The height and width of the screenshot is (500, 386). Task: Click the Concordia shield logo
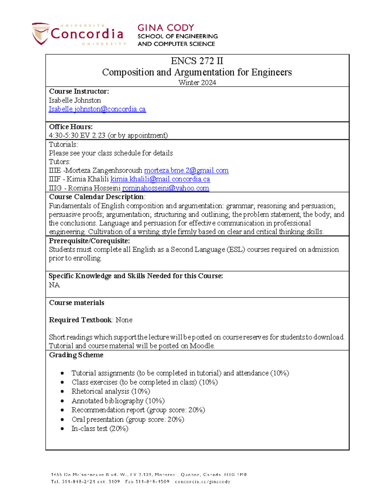(41, 33)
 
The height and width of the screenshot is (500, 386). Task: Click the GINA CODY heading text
(166, 28)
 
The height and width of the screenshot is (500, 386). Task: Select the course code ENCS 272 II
(197, 61)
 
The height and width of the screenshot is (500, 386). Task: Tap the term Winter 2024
(197, 83)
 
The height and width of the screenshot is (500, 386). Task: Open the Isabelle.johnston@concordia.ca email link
(97, 109)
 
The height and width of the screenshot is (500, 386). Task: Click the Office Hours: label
(71, 127)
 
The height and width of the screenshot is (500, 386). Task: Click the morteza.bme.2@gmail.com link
(186, 170)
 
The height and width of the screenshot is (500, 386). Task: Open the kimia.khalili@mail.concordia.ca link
(160, 179)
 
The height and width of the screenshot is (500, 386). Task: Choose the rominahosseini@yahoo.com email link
(165, 188)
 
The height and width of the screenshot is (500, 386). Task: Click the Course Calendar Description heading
(96, 197)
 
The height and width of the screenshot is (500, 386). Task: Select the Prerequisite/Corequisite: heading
(89, 241)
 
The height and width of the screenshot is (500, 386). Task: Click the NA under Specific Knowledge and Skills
(54, 285)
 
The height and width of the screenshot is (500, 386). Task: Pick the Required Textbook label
(80, 320)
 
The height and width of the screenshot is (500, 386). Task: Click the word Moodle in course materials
(202, 346)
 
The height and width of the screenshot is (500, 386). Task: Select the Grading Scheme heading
(76, 355)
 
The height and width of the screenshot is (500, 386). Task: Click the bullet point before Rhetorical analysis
(62, 392)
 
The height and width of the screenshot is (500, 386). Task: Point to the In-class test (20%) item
(100, 429)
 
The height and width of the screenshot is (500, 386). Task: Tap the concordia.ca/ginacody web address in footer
(202, 482)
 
